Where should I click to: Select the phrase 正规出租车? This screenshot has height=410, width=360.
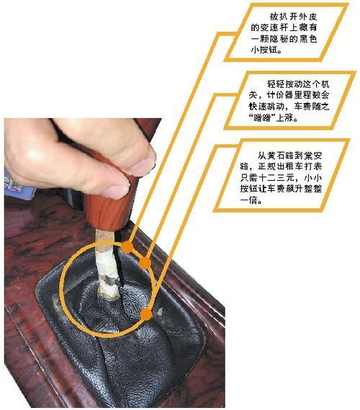pos(272,166)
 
